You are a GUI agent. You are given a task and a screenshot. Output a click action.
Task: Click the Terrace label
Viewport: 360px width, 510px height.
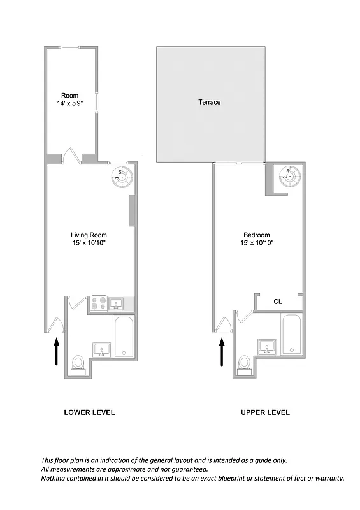(209, 102)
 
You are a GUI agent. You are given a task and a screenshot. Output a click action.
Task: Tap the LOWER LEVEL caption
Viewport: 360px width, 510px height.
(89, 412)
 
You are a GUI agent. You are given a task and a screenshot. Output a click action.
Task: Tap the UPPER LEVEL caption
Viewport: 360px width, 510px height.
(265, 412)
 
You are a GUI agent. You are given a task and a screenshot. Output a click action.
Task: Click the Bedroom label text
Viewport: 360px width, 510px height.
(256, 235)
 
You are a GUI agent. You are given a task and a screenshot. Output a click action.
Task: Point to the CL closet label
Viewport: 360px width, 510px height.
(278, 302)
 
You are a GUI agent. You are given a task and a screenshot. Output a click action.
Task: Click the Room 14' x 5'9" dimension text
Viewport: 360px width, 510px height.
(70, 103)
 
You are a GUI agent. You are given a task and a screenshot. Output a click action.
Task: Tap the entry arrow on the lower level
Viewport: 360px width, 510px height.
(56, 351)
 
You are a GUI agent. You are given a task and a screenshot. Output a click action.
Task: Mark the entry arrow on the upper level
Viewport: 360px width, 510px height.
(222, 351)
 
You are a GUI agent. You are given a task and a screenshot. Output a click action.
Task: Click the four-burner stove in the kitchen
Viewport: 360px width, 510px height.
(99, 303)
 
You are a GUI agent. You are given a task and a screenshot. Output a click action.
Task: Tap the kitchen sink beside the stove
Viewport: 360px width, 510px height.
(118, 303)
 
